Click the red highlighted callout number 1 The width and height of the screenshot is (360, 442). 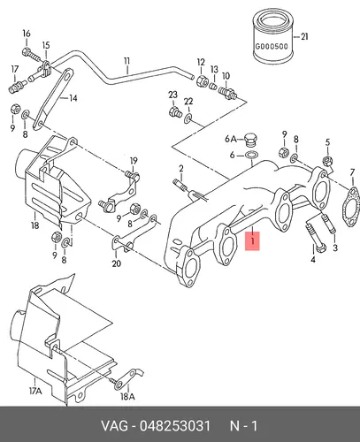pyautogui.click(x=253, y=241)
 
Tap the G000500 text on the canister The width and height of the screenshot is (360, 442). pyautogui.click(x=272, y=47)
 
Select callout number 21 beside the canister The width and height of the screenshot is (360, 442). pyautogui.click(x=304, y=36)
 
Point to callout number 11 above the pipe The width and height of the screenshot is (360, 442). pyautogui.click(x=126, y=62)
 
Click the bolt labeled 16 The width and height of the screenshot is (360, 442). pyautogui.click(x=30, y=55)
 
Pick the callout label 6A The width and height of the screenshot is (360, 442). pyautogui.click(x=231, y=139)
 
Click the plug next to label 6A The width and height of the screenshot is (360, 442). pyautogui.click(x=250, y=140)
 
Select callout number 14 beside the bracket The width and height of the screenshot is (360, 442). pyautogui.click(x=73, y=98)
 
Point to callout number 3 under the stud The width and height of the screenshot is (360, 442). pyautogui.click(x=335, y=248)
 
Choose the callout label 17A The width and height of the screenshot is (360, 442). pyautogui.click(x=35, y=392)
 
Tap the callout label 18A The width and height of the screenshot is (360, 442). pyautogui.click(x=127, y=397)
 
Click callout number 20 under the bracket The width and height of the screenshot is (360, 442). pyautogui.click(x=116, y=263)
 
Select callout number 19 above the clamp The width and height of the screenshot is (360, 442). pyautogui.click(x=134, y=161)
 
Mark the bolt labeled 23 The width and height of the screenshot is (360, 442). pyautogui.click(x=175, y=112)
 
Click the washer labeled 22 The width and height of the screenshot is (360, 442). pyautogui.click(x=188, y=118)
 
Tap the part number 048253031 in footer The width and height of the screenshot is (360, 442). pyautogui.click(x=175, y=426)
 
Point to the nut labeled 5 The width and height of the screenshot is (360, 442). pyautogui.click(x=327, y=161)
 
